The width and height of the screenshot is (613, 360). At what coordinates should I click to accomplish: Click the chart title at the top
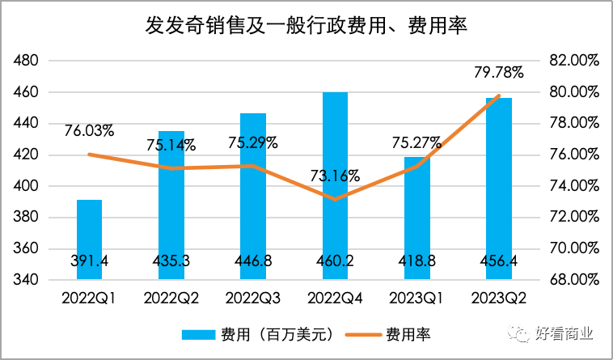point(307,26)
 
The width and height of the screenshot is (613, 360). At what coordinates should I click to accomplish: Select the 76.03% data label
point(87,129)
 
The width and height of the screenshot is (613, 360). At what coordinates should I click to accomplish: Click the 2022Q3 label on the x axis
point(253,298)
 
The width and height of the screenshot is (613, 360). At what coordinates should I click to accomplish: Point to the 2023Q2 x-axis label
point(499,298)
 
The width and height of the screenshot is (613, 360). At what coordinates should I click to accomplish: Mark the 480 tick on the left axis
point(27,61)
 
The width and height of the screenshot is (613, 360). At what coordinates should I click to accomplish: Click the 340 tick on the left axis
point(27,280)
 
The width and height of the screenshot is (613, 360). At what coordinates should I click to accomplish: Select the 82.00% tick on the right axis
point(572,61)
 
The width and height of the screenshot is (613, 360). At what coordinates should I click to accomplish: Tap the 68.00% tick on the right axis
point(572,280)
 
